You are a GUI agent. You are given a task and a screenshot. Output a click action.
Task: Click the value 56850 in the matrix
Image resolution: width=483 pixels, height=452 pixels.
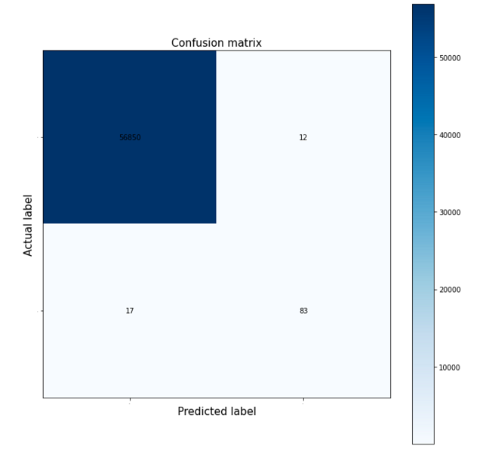point(130,137)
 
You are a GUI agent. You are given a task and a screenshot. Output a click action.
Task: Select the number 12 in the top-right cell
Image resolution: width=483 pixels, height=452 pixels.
point(303,137)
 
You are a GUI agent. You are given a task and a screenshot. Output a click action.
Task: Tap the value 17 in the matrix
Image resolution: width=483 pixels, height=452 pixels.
point(130,311)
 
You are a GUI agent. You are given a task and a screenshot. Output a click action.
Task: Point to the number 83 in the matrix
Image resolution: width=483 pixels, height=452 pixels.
point(303,311)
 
